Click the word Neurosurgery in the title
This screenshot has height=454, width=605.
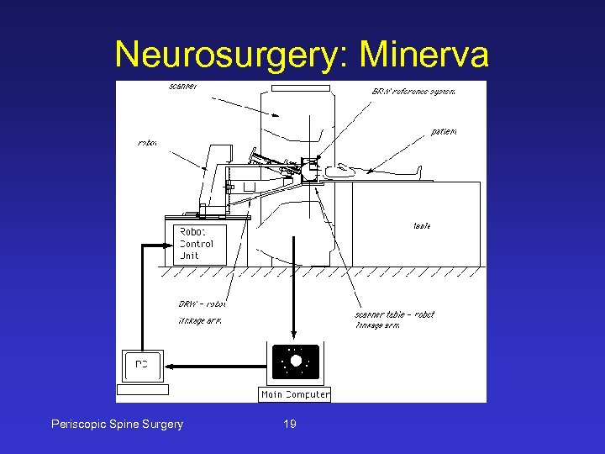coord(233,55)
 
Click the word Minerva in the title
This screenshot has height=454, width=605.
coord(424,55)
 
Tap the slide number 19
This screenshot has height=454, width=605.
coord(290,424)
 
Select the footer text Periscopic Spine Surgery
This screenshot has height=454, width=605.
coord(118,424)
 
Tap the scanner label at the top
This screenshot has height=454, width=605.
coord(183,86)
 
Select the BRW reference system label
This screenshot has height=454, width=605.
coord(413,91)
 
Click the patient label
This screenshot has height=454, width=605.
coord(445,131)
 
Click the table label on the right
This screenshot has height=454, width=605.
coord(422,225)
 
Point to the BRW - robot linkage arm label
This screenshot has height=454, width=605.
coord(202,312)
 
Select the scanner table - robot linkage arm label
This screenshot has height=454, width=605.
coord(394,319)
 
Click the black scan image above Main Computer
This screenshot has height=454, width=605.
coord(295,362)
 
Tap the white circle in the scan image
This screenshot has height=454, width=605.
coord(296,361)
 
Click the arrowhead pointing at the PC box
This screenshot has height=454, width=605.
coord(169,366)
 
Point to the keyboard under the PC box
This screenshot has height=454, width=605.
coord(143,389)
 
